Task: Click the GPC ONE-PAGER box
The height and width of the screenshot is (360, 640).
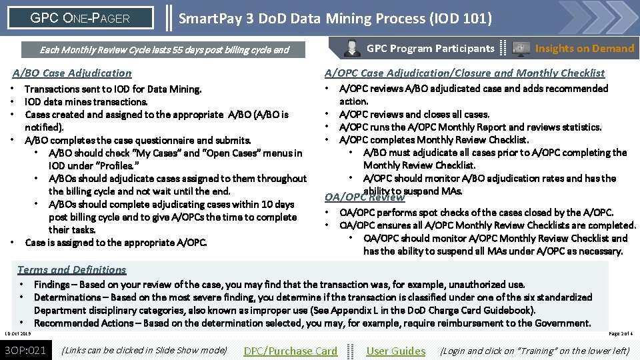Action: [80, 18]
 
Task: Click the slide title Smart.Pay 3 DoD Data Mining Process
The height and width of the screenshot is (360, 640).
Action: [335, 18]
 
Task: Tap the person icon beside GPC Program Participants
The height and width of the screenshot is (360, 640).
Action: [351, 48]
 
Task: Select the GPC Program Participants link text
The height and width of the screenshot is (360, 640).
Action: [430, 48]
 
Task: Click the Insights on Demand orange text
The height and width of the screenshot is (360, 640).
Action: [584, 48]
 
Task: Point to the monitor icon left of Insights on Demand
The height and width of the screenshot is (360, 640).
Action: [521, 48]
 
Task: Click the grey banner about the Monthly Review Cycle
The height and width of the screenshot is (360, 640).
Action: [164, 49]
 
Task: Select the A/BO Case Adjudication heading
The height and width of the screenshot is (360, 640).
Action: [73, 73]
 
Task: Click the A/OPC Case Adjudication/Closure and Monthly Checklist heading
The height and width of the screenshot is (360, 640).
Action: [464, 73]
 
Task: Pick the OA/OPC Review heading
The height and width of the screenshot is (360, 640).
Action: [364, 197]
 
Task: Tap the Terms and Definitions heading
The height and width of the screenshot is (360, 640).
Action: [71, 269]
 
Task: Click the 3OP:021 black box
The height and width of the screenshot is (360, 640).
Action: [25, 350]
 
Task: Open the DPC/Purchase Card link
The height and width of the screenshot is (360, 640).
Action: [290, 351]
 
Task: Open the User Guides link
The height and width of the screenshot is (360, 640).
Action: [395, 351]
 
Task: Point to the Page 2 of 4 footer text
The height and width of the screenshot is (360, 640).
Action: [621, 333]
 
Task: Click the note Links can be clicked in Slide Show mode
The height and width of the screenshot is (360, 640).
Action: [144, 350]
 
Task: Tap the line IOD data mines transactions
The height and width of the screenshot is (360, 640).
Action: [86, 101]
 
